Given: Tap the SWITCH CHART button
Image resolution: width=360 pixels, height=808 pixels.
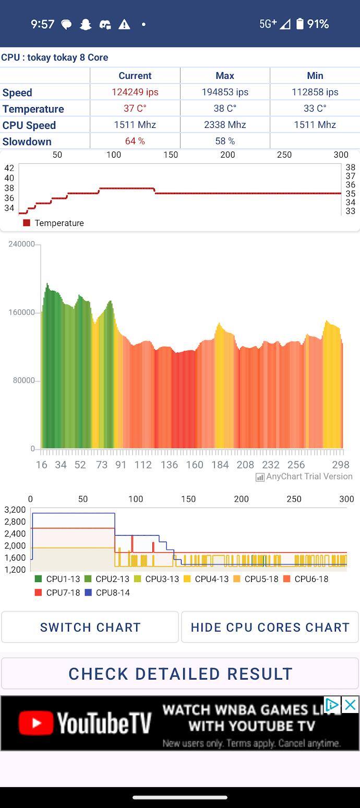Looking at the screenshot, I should [x=90, y=627].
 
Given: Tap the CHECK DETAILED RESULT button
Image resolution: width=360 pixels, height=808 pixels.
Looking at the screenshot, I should [x=180, y=674].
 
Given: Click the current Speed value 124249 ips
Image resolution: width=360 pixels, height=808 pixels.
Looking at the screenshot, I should [x=135, y=92].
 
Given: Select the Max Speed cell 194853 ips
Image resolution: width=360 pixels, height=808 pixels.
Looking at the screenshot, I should [x=225, y=92].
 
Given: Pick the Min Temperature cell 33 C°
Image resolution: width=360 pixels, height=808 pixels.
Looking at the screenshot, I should [x=315, y=108].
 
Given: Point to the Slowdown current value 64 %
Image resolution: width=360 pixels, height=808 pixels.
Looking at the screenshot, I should [x=135, y=141].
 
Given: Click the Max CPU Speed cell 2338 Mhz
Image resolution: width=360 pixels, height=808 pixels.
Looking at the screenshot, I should [x=225, y=125].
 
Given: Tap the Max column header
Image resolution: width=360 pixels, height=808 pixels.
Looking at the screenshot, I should [x=225, y=76].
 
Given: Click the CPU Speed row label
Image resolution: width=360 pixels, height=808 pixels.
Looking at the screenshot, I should [x=29, y=125].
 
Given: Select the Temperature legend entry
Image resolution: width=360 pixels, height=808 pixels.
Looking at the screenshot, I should [x=54, y=223].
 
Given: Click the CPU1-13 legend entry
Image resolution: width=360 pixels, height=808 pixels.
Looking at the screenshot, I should [x=58, y=579].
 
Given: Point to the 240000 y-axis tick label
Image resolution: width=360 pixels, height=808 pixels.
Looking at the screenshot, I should [x=21, y=244].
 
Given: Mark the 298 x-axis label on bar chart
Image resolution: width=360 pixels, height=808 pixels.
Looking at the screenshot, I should [x=341, y=465].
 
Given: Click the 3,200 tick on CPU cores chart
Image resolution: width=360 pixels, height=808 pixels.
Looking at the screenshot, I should [x=15, y=509].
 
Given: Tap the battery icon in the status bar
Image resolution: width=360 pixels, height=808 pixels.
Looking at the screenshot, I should [x=299, y=24].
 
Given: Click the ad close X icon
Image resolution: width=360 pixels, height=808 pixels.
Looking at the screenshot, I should [x=350, y=705].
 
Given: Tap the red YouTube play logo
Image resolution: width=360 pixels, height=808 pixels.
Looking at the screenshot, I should [x=35, y=723].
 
